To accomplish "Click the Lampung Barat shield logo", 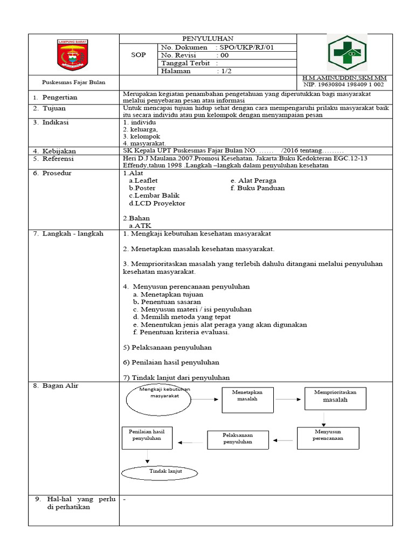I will [x=73, y=55].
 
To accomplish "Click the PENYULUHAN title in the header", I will [x=208, y=39].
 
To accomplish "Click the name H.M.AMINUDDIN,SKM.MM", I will [x=345, y=78].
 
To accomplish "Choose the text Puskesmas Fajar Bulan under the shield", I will [x=74, y=82].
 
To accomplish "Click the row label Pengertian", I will [x=60, y=98].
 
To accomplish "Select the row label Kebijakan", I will [x=59, y=151].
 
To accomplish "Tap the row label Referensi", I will [x=59, y=159].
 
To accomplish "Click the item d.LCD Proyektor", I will [x=157, y=203].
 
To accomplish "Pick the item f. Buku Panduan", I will [x=257, y=188].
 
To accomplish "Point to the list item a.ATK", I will [x=140, y=226].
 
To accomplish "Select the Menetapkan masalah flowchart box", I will [x=247, y=399].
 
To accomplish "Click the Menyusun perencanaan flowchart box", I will [x=327, y=435].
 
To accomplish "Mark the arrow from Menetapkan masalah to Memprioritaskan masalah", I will [x=288, y=399].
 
